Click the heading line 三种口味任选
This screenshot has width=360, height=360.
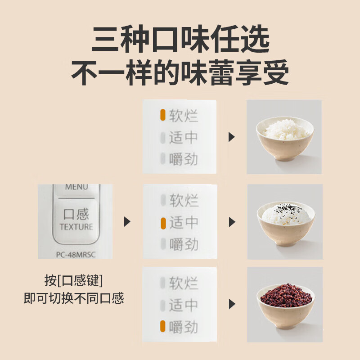180,40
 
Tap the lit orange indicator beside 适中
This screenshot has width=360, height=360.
163,222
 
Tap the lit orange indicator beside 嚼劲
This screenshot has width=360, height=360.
163,327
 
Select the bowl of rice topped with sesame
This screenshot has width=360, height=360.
284,220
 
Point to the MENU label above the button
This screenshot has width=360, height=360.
76,187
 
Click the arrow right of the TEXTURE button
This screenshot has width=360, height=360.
127,221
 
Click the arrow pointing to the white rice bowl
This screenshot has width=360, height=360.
232,137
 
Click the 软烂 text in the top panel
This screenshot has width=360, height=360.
184,116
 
